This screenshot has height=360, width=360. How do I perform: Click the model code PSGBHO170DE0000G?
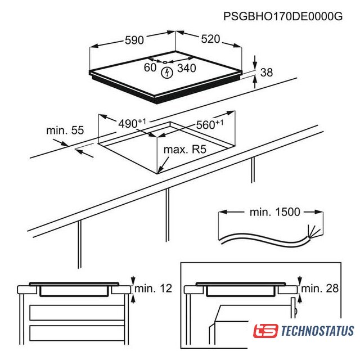(x=283, y=16)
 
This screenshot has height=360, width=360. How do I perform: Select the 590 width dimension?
(x=134, y=40)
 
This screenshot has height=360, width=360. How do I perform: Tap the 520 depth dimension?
(x=210, y=39)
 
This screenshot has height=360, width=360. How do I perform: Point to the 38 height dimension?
(x=267, y=73)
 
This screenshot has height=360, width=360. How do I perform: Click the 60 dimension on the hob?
(x=150, y=67)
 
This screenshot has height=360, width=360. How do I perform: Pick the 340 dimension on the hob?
(x=187, y=68)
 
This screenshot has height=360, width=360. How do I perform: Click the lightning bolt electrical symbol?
(x=167, y=73)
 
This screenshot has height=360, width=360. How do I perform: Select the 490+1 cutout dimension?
(x=132, y=123)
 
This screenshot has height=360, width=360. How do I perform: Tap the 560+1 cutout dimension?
(x=210, y=124)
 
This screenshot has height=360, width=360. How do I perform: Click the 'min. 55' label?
(x=65, y=130)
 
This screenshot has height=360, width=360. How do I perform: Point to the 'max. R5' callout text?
(x=185, y=150)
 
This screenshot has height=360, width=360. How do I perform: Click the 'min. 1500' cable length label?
(x=275, y=211)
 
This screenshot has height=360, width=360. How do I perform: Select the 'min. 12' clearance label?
(x=153, y=288)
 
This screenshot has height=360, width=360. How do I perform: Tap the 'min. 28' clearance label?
(x=320, y=288)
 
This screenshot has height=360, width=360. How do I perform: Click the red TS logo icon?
(x=265, y=331)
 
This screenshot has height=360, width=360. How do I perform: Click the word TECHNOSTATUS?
(x=317, y=331)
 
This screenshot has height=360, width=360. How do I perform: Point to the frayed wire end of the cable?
(x=314, y=231)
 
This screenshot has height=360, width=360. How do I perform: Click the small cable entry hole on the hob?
(x=165, y=62)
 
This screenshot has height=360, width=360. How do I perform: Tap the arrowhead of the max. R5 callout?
(x=160, y=170)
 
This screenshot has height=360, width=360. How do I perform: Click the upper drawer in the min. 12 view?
(x=77, y=313)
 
